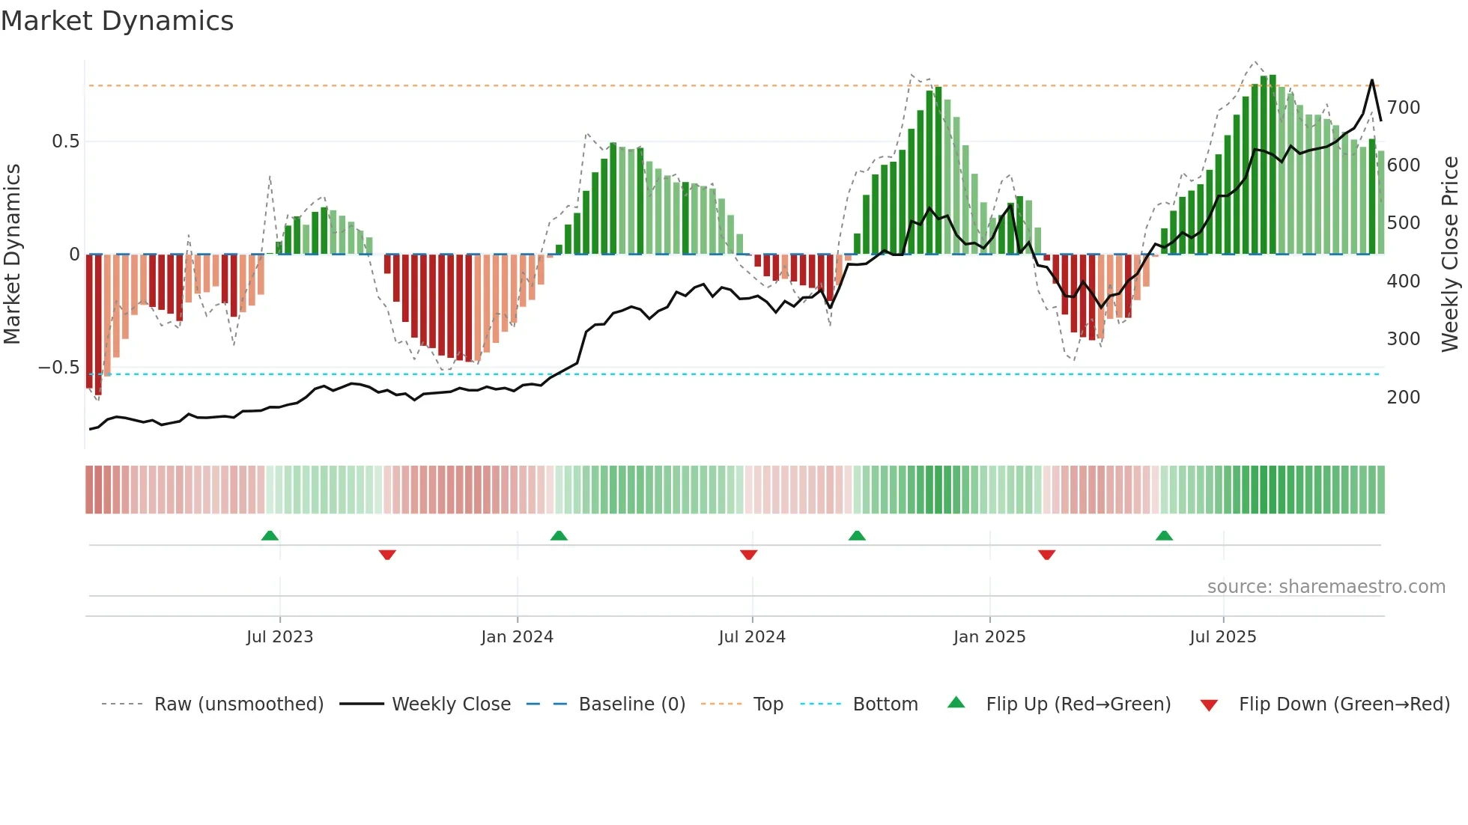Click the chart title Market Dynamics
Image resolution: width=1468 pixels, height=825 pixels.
click(x=117, y=21)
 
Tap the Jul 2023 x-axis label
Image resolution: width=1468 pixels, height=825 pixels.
click(x=279, y=637)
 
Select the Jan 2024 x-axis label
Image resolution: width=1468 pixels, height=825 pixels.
click(x=517, y=637)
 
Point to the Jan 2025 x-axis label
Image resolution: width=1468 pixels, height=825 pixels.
click(x=989, y=637)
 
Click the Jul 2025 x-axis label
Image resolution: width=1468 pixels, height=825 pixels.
click(x=1222, y=637)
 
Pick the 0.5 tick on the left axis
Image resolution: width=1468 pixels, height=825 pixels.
click(x=65, y=141)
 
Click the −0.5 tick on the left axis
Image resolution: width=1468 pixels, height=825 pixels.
click(x=59, y=368)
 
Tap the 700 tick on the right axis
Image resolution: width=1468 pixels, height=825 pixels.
click(x=1403, y=108)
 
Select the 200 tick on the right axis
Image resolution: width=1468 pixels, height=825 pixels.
click(x=1403, y=398)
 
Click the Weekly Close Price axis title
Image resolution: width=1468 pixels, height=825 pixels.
click(x=1450, y=255)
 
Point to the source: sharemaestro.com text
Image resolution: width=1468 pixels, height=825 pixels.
click(x=1326, y=587)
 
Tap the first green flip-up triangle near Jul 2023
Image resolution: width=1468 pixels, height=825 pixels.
click(x=270, y=535)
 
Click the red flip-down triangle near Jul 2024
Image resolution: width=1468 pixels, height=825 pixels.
click(x=748, y=555)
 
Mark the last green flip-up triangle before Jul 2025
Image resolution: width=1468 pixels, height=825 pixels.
click(x=1164, y=535)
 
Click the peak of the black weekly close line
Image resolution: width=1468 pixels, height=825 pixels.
click(x=1372, y=80)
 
